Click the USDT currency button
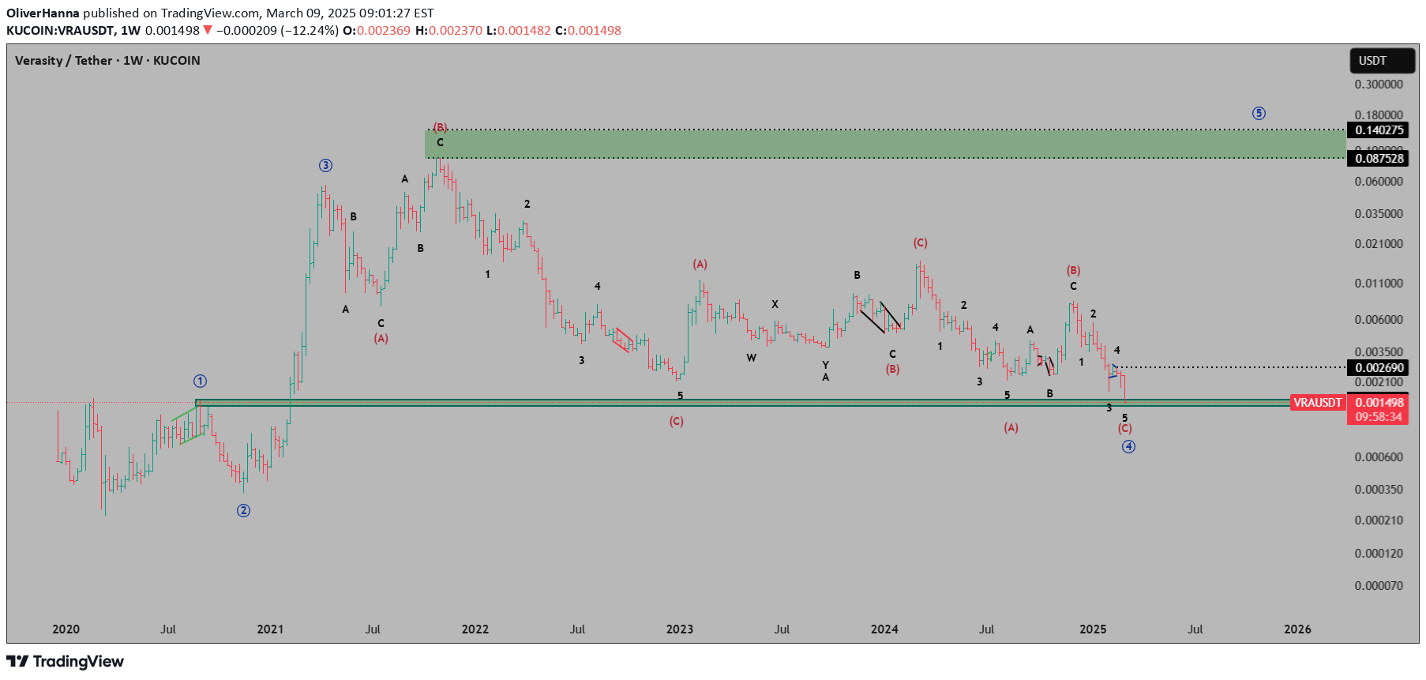click(x=1381, y=61)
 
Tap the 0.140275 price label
click(x=1379, y=130)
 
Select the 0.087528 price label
click(x=1379, y=159)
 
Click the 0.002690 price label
click(x=1379, y=368)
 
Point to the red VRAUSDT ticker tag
click(x=1317, y=403)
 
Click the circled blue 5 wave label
click(x=1259, y=114)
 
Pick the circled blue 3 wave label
click(x=325, y=166)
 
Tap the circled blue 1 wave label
click(x=201, y=381)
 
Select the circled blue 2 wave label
click(x=243, y=511)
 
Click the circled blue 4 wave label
click(x=1128, y=447)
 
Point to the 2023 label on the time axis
click(x=679, y=629)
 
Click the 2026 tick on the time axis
click(x=1297, y=629)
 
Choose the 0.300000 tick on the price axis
click(x=1379, y=85)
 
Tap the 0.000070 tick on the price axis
click(x=1379, y=586)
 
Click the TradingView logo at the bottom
click(x=66, y=662)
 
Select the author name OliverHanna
click(x=43, y=13)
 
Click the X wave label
click(x=775, y=305)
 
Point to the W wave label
click(x=751, y=359)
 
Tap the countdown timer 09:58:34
click(x=1379, y=417)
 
